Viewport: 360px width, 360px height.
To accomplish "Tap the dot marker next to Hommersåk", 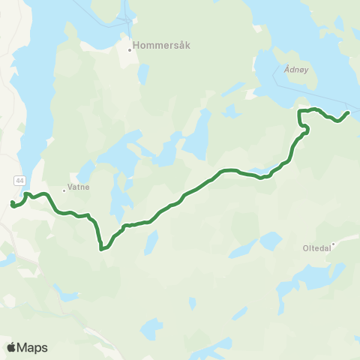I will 130,51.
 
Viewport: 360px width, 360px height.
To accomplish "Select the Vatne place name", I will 78,190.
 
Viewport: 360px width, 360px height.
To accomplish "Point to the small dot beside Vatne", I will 64,190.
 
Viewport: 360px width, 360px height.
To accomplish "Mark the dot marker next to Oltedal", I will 334,242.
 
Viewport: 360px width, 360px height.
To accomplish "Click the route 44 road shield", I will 19,180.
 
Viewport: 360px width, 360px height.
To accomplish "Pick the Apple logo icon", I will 11,347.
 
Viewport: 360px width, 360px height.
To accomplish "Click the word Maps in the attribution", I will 33,347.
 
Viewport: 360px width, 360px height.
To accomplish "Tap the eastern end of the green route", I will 349,112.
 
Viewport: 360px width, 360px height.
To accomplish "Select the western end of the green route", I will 12,203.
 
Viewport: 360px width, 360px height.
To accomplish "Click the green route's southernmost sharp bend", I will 100,248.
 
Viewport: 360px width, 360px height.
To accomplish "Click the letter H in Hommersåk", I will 136,44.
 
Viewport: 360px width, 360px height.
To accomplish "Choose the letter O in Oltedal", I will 304,245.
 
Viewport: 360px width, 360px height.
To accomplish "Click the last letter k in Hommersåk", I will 188,44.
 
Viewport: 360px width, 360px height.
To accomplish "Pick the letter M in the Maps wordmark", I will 23,347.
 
